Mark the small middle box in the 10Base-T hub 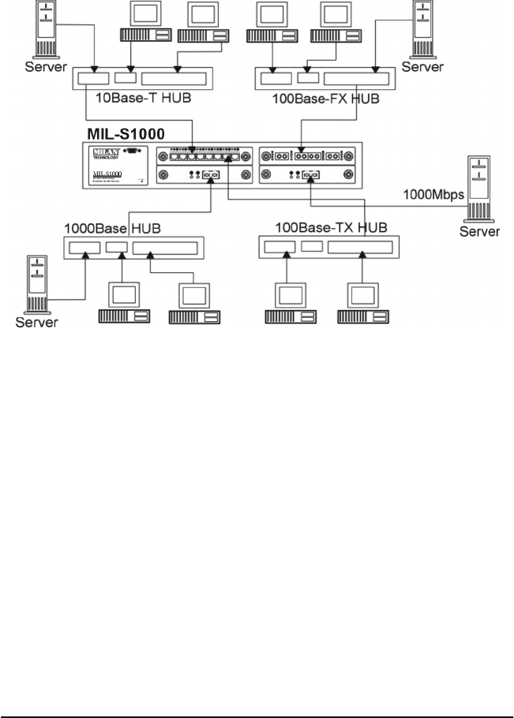(x=125, y=78)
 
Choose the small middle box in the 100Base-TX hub (x=313, y=246)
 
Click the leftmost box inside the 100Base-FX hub (x=276, y=79)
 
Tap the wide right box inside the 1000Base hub (x=166, y=249)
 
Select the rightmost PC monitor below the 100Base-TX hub (x=364, y=297)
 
